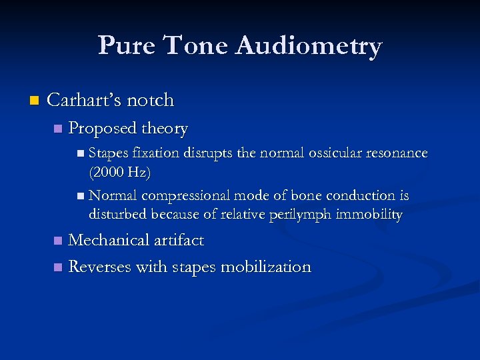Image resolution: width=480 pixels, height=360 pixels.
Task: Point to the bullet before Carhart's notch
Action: click(x=35, y=101)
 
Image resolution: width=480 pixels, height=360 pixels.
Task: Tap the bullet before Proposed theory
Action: click(x=57, y=129)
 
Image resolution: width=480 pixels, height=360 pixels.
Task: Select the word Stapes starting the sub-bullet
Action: click(x=108, y=153)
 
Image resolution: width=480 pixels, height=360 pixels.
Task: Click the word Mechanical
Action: click(x=111, y=240)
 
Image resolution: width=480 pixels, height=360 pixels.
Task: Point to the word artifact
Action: click(x=181, y=240)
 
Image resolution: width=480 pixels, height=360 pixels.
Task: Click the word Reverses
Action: click(x=100, y=267)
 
